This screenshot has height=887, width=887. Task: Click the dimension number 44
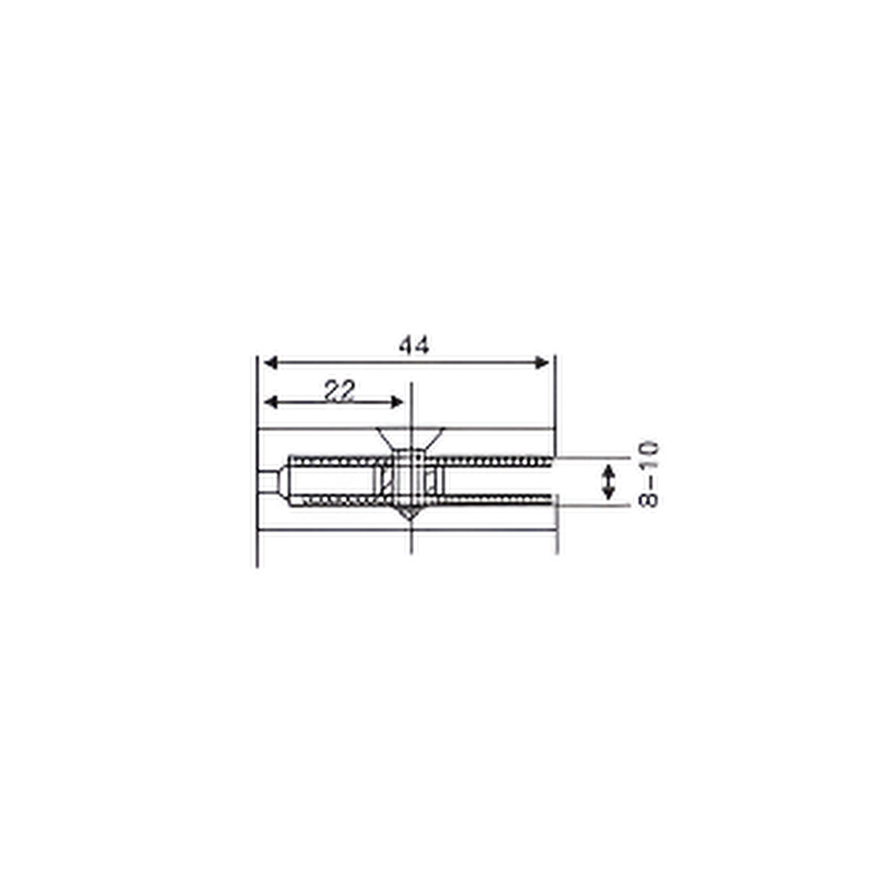[x=414, y=346]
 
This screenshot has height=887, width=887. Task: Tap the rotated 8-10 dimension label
[x=649, y=474]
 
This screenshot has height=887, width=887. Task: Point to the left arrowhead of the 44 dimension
[x=271, y=362]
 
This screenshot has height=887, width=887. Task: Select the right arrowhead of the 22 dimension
[x=397, y=402]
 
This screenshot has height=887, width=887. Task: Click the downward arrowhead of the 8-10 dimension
[x=609, y=493]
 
